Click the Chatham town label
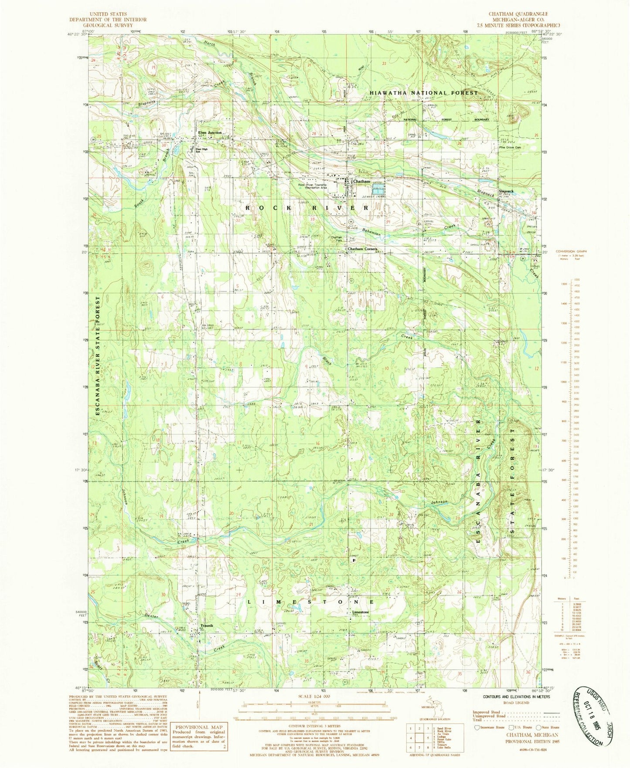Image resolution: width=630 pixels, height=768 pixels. coord(361,181)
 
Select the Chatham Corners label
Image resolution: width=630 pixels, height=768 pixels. coord(362,249)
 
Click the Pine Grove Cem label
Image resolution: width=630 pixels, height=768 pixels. coord(511,147)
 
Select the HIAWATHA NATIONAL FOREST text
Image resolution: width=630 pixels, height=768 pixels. coord(424,93)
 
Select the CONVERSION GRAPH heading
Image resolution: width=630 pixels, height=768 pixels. coord(571,251)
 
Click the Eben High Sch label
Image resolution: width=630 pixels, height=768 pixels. coord(201,150)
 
